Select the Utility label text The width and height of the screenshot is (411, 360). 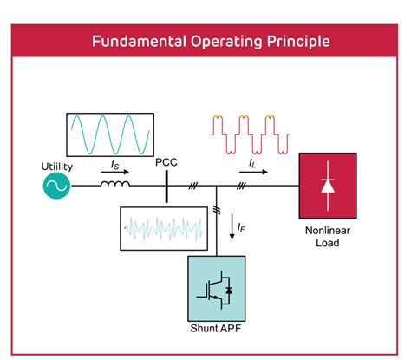58,166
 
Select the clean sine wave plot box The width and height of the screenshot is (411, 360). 110,134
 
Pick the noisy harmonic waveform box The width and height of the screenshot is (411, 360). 164,228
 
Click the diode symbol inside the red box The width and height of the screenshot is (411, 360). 326,186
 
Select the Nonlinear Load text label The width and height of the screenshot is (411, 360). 326,237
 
